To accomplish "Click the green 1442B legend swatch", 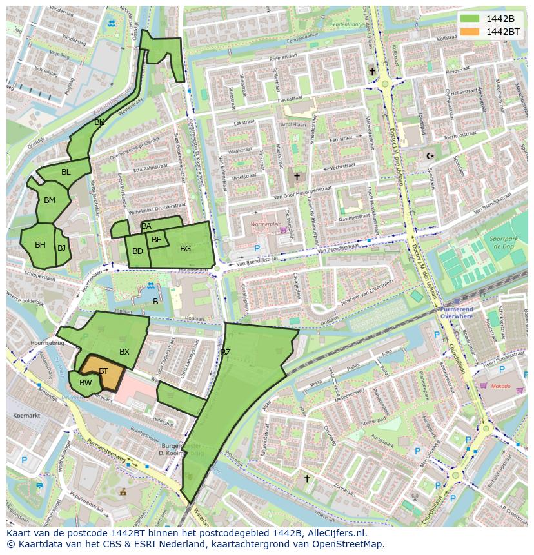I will pyautogui.click(x=470, y=18).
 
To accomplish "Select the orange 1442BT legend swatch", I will pyautogui.click(x=470, y=31).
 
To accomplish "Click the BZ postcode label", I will pyautogui.click(x=226, y=353).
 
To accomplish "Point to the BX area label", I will pyautogui.click(x=124, y=351).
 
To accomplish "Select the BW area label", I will pyautogui.click(x=86, y=383).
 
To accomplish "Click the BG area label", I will pyautogui.click(x=185, y=249).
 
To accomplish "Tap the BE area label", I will pyautogui.click(x=157, y=240).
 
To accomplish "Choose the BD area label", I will pyautogui.click(x=137, y=251).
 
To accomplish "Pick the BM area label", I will pyautogui.click(x=50, y=200).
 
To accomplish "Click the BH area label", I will pyautogui.click(x=40, y=245).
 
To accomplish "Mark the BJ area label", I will pyautogui.click(x=61, y=248).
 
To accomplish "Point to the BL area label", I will pyautogui.click(x=66, y=172).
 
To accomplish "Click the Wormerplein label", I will pyautogui.click(x=266, y=225).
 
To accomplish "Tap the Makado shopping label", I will pyautogui.click(x=500, y=387).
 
